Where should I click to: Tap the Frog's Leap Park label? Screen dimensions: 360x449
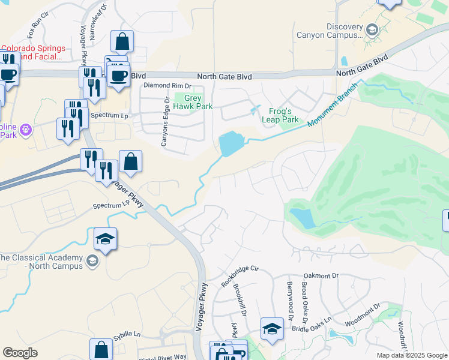point(280,115)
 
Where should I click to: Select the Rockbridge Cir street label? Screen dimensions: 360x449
point(239,275)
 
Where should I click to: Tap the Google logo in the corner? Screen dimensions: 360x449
point(20,353)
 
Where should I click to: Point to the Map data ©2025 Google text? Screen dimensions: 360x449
point(411,355)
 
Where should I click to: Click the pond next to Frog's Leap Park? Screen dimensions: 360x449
point(230,144)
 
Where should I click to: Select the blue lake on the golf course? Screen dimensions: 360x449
point(301,218)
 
